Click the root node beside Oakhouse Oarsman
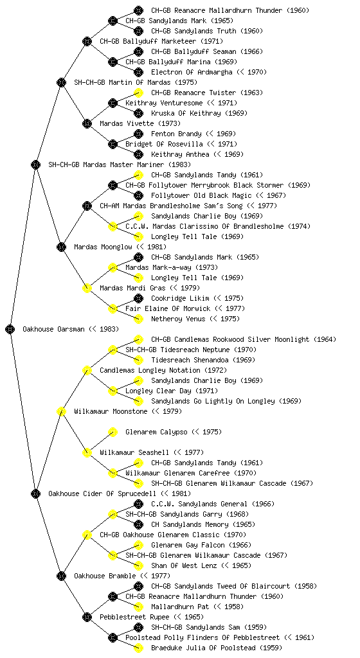(x=10, y=329)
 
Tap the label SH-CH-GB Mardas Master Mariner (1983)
(x=120, y=164)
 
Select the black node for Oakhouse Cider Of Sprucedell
(x=35, y=493)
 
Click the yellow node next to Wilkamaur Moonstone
(x=61, y=411)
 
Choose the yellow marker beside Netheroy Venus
(x=138, y=319)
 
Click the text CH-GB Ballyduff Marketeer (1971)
(x=161, y=41)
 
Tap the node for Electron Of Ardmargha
(x=138, y=72)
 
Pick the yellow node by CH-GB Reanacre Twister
(x=138, y=93)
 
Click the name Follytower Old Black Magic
(x=201, y=195)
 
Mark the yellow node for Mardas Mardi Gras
(x=87, y=288)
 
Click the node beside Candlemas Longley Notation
(x=87, y=370)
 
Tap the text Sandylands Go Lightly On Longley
(x=213, y=401)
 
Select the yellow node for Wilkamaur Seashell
(x=87, y=452)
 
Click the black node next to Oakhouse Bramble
(x=61, y=576)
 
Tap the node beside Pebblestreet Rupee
(x=87, y=617)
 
